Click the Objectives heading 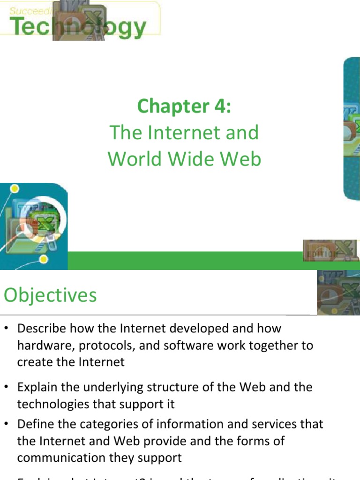(x=50, y=295)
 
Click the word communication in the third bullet (x=60, y=457)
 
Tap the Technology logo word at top (x=77, y=27)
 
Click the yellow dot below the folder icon (x=44, y=259)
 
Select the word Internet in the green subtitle (x=183, y=133)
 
